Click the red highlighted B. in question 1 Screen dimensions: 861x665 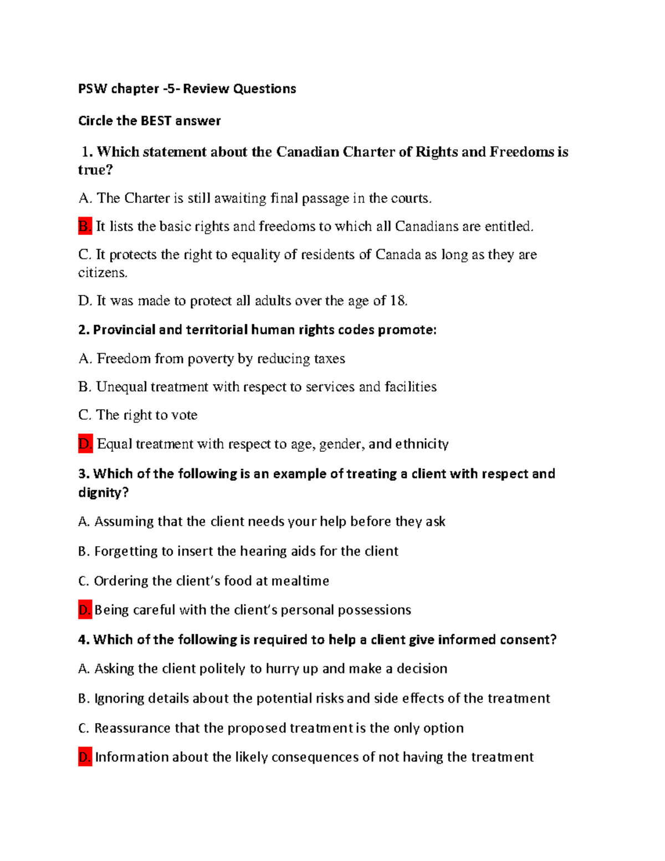point(85,226)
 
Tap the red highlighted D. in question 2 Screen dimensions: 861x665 point(85,444)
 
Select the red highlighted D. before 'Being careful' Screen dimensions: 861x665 point(85,610)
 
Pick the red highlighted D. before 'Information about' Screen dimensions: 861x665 point(85,757)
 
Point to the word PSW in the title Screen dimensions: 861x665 point(93,89)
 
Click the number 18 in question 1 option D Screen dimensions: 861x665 point(397,300)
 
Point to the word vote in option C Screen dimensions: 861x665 point(184,415)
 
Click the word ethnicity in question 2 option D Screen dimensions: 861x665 point(422,444)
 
